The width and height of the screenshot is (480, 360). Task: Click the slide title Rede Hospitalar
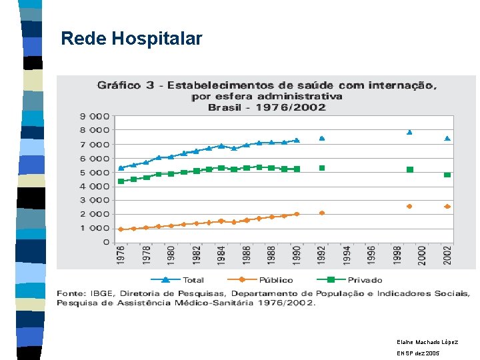[131, 39]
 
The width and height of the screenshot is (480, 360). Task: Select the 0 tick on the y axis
[106, 243]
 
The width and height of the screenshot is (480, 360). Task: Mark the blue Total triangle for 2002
[447, 139]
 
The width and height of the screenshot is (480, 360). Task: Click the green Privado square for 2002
[447, 175]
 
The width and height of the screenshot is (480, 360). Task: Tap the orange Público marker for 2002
[447, 207]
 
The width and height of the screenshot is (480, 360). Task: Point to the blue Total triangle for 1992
[322, 139]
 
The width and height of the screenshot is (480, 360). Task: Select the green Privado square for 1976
[121, 181]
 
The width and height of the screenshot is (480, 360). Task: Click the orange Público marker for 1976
[121, 229]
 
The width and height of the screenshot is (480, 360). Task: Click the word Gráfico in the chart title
[119, 85]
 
